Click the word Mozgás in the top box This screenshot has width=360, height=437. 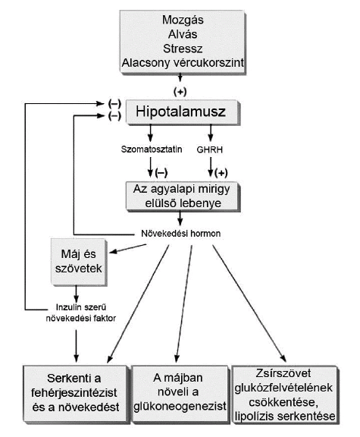(183, 20)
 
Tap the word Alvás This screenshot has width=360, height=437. (183, 34)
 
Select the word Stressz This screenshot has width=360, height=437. (183, 49)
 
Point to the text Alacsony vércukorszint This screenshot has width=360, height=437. (183, 63)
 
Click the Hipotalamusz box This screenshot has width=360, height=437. (183, 112)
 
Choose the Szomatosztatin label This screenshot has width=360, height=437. (152, 149)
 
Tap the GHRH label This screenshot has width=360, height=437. (210, 149)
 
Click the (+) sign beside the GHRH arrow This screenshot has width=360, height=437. (221, 173)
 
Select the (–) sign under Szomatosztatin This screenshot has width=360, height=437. (161, 173)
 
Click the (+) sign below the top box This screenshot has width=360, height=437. (180, 92)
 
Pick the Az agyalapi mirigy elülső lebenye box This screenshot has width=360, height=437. (183, 196)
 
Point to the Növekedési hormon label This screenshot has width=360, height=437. (180, 233)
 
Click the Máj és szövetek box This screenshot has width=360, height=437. (79, 262)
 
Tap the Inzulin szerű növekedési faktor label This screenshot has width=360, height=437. (81, 313)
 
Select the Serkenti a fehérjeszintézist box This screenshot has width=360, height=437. (75, 393)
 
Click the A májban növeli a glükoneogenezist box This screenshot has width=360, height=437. (180, 393)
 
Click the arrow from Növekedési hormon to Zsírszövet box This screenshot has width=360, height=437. (249, 303)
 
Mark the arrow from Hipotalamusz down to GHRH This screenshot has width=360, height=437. (211, 133)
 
